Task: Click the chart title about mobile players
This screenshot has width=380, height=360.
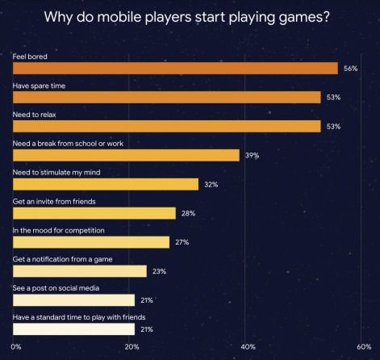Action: point(190,17)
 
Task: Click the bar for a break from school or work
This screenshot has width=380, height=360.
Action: point(126,155)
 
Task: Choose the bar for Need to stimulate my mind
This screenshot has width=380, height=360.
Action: point(106,184)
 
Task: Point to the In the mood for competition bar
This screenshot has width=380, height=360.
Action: point(91,242)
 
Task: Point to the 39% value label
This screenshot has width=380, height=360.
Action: point(252,156)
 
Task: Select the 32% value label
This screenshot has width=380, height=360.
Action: point(211,185)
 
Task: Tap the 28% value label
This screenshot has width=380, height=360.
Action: point(188,214)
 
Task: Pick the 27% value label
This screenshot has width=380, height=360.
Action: point(182,243)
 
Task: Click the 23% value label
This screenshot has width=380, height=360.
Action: point(159,272)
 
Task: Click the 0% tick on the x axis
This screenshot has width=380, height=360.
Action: point(17,346)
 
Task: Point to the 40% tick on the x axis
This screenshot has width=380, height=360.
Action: point(248,346)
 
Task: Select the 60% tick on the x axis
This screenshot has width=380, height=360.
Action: point(364,346)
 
